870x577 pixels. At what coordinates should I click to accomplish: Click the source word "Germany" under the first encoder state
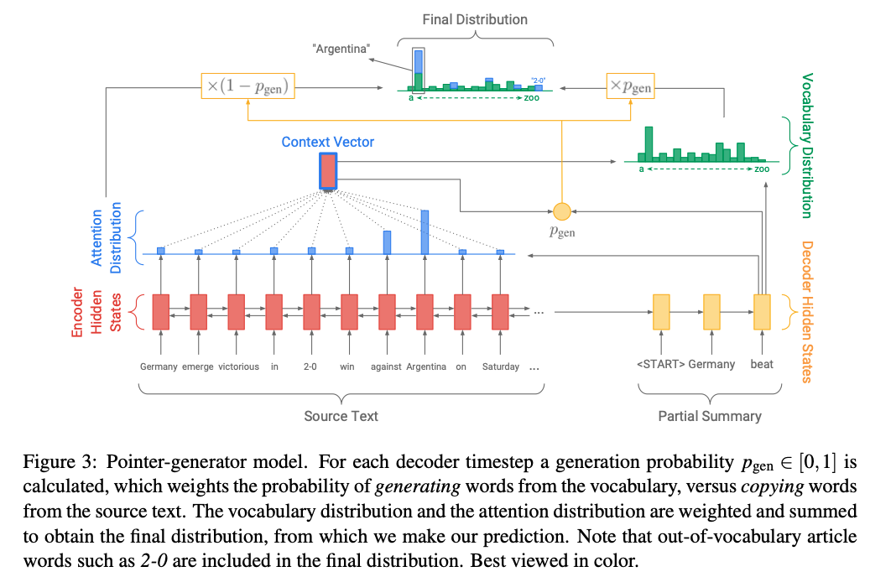[159, 366]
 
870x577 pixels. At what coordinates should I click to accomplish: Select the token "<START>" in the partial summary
[660, 364]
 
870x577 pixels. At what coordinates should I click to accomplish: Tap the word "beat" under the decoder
[762, 364]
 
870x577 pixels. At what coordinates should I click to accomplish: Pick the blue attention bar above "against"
[387, 242]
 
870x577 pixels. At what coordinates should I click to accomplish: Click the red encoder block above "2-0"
[311, 312]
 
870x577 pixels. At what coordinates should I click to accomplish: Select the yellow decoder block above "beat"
[762, 312]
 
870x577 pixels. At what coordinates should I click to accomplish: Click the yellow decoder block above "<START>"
[661, 312]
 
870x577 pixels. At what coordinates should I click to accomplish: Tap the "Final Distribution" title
[475, 19]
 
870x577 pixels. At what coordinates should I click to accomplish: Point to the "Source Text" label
[341, 416]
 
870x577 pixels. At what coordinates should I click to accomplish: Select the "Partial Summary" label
[710, 416]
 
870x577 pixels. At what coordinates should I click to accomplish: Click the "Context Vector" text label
[328, 142]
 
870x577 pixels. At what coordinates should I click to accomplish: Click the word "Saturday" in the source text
[501, 366]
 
